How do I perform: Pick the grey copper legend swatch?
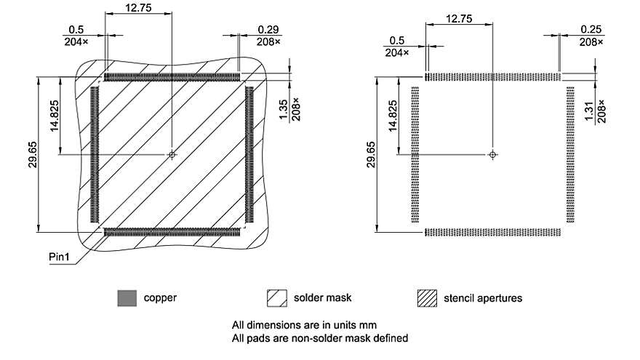[127, 298]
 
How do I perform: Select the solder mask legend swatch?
[277, 298]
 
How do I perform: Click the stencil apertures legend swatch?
[427, 298]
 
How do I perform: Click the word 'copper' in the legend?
[160, 298]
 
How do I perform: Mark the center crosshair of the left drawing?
[172, 154]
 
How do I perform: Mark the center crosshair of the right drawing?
[493, 154]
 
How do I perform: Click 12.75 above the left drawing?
[138, 7]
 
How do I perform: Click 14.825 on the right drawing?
[393, 116]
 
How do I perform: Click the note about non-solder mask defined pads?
[319, 337]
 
